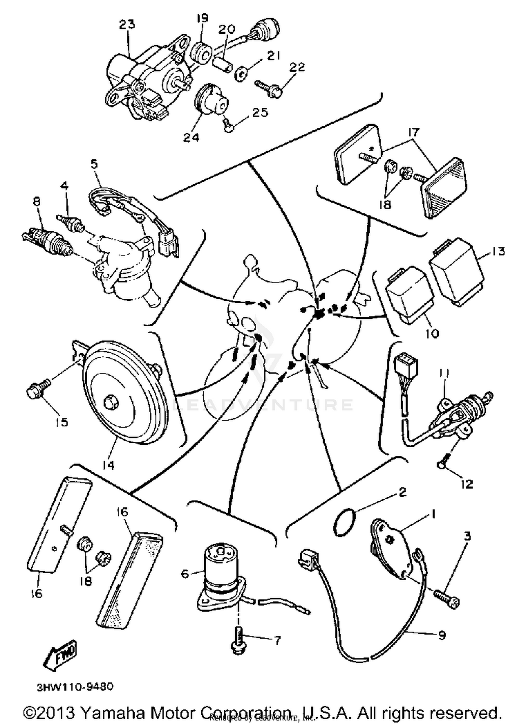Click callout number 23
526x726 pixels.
pyautogui.click(x=127, y=25)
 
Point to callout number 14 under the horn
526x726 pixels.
pyautogui.click(x=109, y=465)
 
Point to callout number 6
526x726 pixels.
pyautogui.click(x=185, y=574)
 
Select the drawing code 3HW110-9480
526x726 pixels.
pyautogui.click(x=75, y=686)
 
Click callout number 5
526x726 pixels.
pyautogui.click(x=94, y=164)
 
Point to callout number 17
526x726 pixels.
pyautogui.click(x=413, y=132)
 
